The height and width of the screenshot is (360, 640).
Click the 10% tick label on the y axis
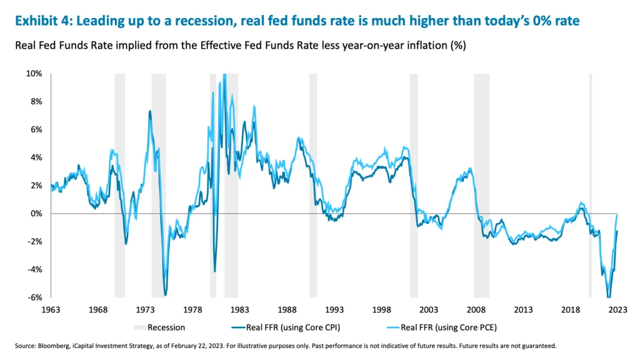click(x=34, y=74)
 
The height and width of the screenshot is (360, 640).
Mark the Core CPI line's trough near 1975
click(x=165, y=294)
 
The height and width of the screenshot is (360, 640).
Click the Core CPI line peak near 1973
click(x=150, y=111)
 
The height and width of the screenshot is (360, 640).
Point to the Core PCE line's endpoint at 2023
click(x=618, y=214)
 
